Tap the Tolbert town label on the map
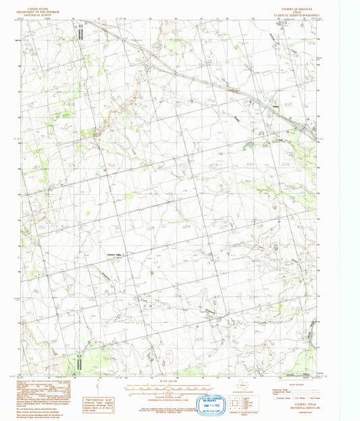[x=276, y=106]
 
